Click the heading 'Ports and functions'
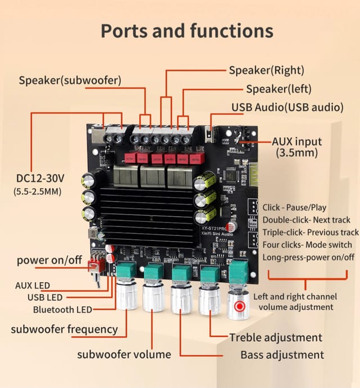tap(187, 30)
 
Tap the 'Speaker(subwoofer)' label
tap(70, 80)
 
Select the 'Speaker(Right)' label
tap(266, 70)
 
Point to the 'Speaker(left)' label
tap(278, 89)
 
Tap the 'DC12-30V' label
tap(40, 179)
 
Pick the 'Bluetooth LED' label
tap(62, 309)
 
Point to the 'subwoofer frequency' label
tap(64, 329)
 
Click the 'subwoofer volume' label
tap(124, 354)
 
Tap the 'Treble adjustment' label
tap(276, 337)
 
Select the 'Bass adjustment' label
tap(282, 355)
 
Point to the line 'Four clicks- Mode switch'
tap(307, 244)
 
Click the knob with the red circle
tap(240, 306)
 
